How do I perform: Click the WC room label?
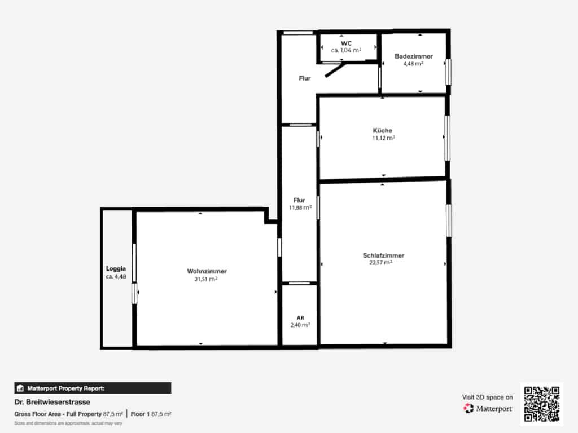(x=346, y=43)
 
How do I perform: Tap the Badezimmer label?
(x=414, y=56)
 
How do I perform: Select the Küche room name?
(x=383, y=130)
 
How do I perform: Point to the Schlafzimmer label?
(x=383, y=255)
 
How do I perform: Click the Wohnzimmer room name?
(x=207, y=271)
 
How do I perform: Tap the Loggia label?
(x=116, y=269)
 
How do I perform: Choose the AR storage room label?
(x=300, y=318)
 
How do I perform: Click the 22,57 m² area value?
(x=381, y=263)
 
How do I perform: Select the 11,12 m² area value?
(x=384, y=138)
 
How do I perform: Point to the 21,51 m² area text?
(x=206, y=279)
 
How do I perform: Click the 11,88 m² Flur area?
(x=300, y=207)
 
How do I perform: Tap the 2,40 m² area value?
(x=300, y=325)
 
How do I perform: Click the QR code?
(x=542, y=404)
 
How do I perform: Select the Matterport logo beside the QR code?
(x=488, y=408)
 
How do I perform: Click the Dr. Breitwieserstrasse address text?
(x=52, y=402)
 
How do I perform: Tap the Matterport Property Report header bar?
(x=93, y=388)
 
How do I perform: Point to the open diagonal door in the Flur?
(x=335, y=70)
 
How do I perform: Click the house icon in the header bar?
(x=20, y=388)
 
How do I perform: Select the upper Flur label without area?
(x=305, y=78)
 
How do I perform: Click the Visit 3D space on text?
(x=487, y=397)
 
